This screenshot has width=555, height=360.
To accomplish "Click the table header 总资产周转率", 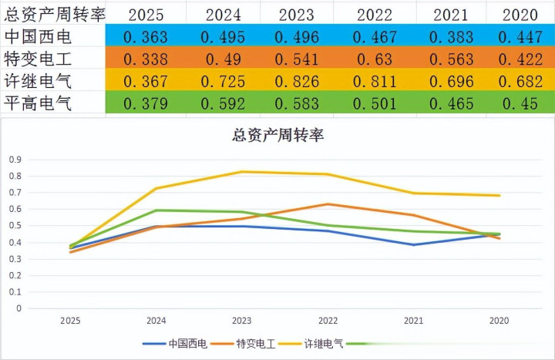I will pyautogui.click(x=55, y=13).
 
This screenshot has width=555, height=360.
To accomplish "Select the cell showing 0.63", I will pyautogui.click(x=375, y=59).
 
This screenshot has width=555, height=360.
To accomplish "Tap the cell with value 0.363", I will pyautogui.click(x=146, y=37).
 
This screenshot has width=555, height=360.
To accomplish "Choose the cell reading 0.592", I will pyautogui.click(x=222, y=104).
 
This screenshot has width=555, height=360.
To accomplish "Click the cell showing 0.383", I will pyautogui.click(x=450, y=37).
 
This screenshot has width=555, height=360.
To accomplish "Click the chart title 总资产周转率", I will pyautogui.click(x=277, y=136).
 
